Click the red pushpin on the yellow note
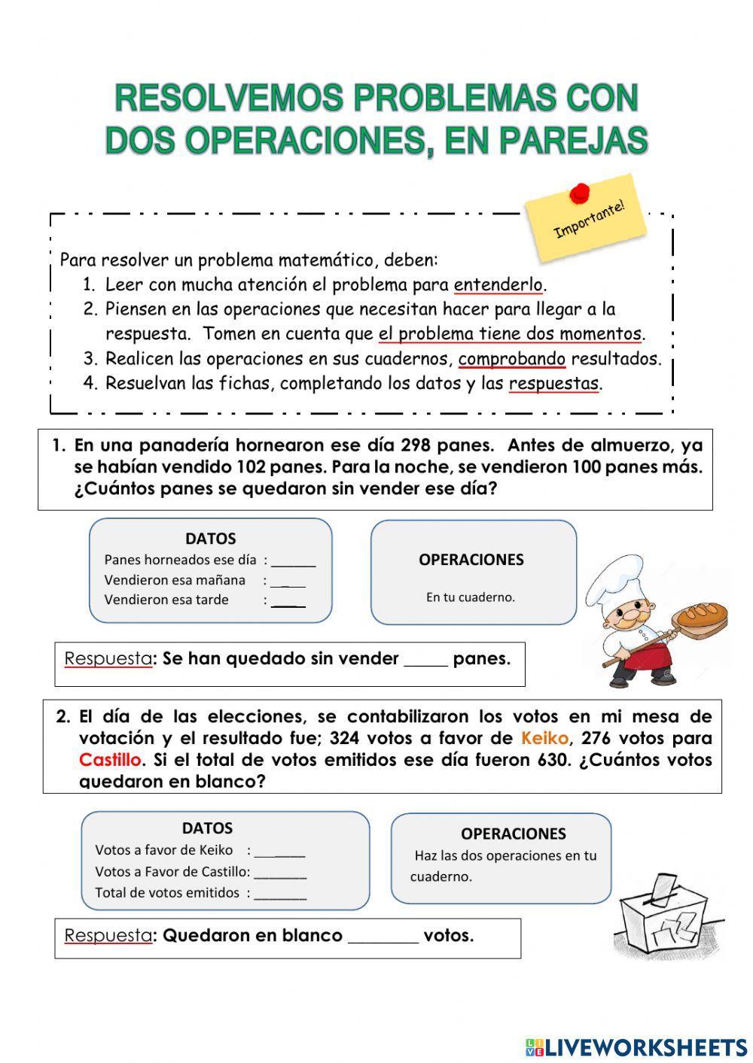click(x=578, y=193)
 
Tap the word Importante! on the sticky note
click(x=589, y=219)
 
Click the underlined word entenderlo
click(x=498, y=285)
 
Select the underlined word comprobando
click(x=511, y=359)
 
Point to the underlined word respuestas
click(x=553, y=384)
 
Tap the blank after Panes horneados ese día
click(x=294, y=561)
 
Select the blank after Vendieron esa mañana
click(x=288, y=582)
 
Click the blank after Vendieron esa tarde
click(x=288, y=601)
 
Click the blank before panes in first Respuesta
click(x=425, y=661)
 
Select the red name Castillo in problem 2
click(x=110, y=760)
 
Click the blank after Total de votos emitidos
click(x=280, y=894)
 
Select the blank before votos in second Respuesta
click(x=383, y=938)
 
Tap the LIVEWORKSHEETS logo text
click(x=644, y=1046)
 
